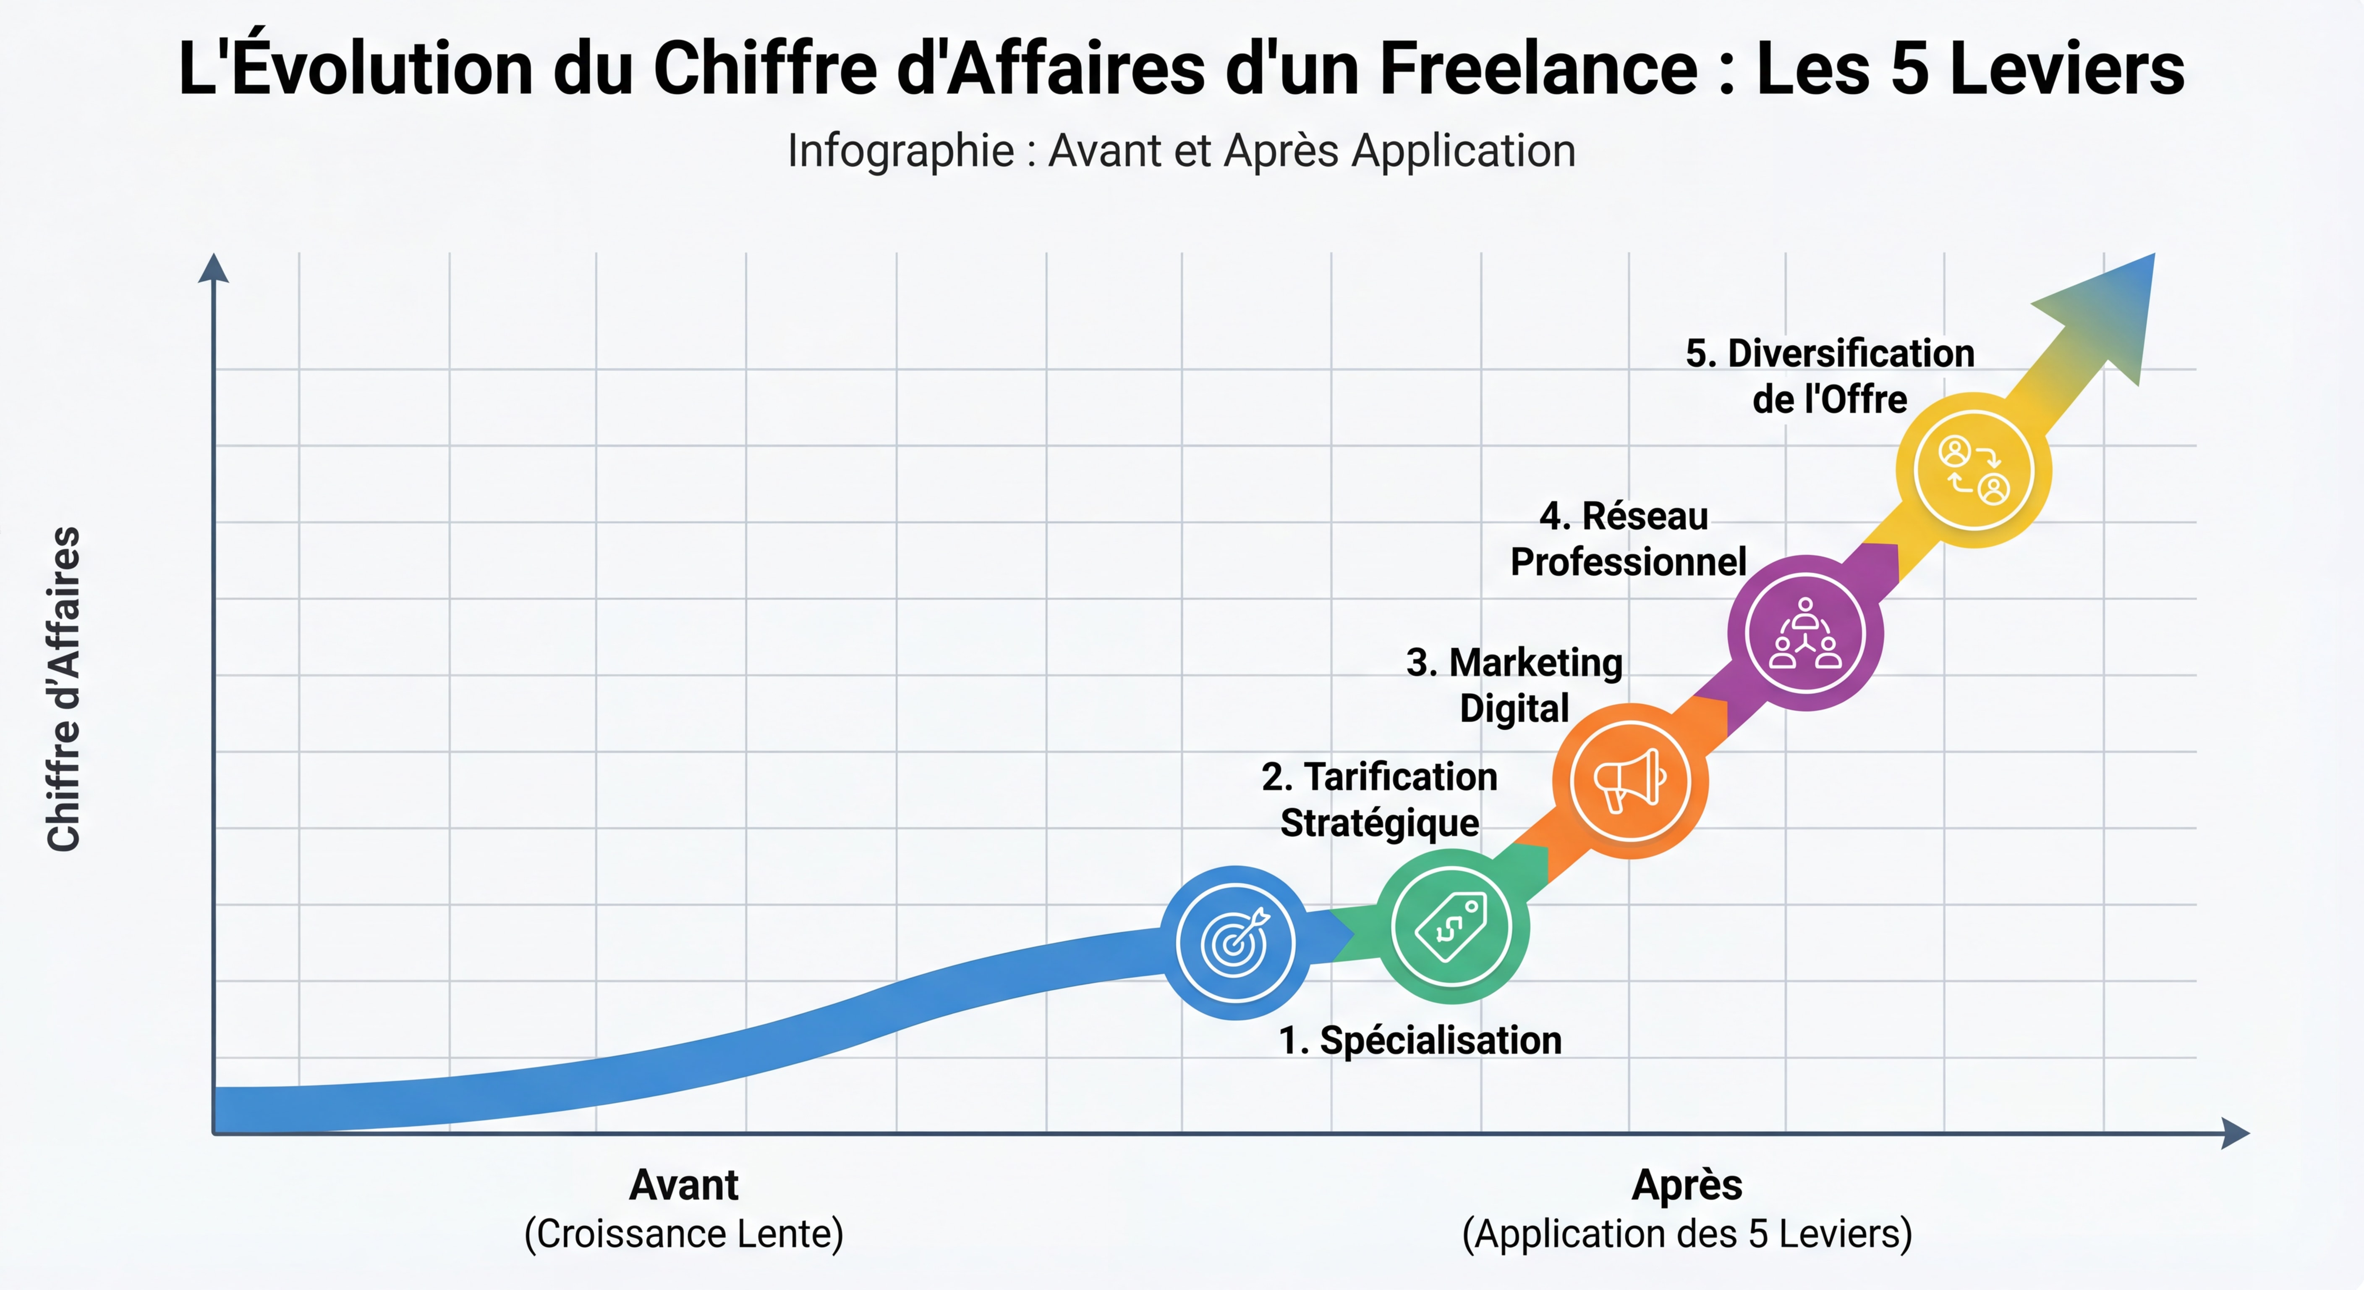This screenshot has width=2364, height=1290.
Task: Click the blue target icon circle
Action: [x=1235, y=943]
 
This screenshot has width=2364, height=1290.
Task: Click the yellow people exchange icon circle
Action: [x=1973, y=470]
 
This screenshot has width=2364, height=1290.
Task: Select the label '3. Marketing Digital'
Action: [x=1514, y=685]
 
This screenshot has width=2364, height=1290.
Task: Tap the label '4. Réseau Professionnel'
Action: [x=1627, y=539]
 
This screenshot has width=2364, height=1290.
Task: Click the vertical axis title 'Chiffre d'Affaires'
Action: [x=64, y=689]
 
